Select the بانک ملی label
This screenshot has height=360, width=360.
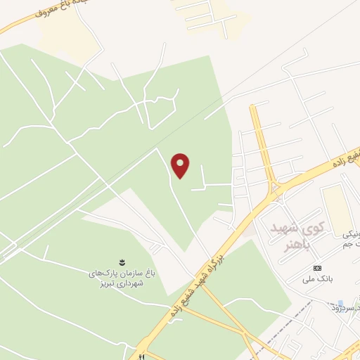point(318,279)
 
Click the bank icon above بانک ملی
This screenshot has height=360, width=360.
point(317,268)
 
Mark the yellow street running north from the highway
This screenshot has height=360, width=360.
point(262,141)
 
